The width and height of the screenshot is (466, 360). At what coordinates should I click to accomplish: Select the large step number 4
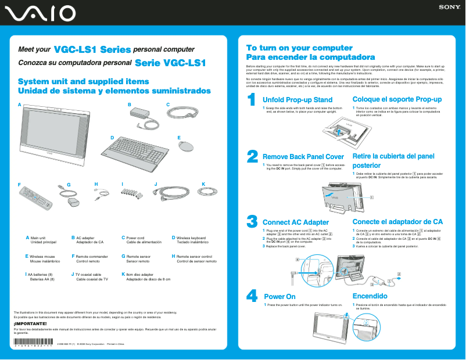252,296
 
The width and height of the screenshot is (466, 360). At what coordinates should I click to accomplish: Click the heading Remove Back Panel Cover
303,157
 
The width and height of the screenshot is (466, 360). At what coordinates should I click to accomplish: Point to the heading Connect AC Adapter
296,222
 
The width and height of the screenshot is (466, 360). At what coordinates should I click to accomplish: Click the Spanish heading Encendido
370,296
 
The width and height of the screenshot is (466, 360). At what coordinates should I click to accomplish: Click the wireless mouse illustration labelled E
187,145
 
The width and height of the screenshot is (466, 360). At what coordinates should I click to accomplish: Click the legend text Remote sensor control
198,256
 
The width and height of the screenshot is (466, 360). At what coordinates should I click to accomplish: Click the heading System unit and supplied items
84,82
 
